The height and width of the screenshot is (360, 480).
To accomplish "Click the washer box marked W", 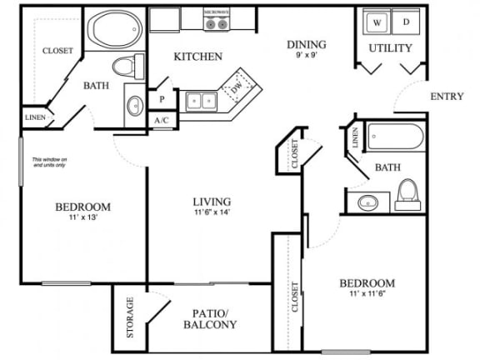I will [x=377, y=23].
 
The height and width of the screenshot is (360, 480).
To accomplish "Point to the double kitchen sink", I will [x=200, y=102].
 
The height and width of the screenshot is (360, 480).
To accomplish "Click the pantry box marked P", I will [x=161, y=98].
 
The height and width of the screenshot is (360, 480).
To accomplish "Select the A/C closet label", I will [x=161, y=120].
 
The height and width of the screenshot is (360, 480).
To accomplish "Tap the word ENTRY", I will [x=447, y=97].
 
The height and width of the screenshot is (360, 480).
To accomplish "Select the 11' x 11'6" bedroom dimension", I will [x=366, y=293].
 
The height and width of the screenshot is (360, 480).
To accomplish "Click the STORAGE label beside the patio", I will [x=130, y=317].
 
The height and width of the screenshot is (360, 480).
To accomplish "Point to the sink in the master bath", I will [x=135, y=107].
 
